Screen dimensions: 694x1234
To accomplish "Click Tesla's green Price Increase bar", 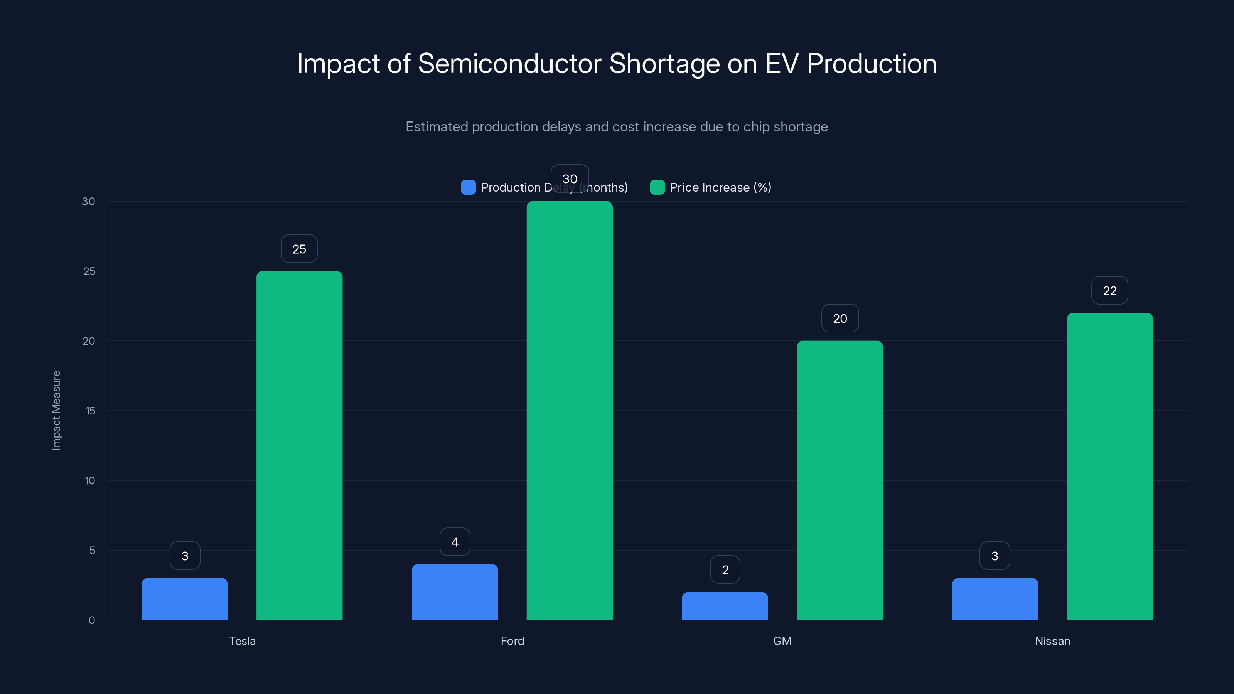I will (299, 445).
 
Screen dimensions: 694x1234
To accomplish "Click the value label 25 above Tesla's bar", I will (299, 249).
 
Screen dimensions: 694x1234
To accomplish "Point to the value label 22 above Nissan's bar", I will (1109, 291).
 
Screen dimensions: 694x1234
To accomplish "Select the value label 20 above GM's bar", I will (840, 318).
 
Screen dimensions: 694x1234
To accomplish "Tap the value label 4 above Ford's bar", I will (455, 542).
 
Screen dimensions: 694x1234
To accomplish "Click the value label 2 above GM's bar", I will (725, 570).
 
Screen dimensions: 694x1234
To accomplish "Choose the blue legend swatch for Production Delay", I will (468, 187).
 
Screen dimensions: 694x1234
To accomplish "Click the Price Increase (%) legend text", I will (720, 187).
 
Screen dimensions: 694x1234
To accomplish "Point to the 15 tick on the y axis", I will (90, 411).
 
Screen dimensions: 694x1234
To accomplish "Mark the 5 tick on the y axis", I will (92, 550).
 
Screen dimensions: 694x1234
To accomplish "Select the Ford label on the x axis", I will (512, 641).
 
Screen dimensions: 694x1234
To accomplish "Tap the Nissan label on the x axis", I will (1052, 641).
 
